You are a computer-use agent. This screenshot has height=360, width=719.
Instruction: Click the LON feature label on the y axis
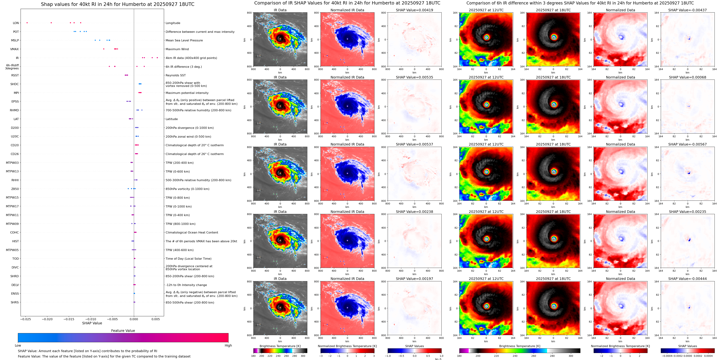point(16,23)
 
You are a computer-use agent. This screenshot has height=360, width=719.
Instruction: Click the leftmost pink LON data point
point(27,23)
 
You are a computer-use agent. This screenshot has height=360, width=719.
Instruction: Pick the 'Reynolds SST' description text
point(175,75)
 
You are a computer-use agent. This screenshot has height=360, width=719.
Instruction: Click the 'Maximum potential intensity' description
point(187,93)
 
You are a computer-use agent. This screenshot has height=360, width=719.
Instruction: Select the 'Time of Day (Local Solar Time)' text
point(188,259)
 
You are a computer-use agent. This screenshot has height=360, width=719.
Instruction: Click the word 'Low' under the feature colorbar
point(18,345)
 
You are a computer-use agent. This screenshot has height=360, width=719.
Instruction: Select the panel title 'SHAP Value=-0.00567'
point(687,144)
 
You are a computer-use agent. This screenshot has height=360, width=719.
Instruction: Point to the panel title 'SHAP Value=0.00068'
point(687,77)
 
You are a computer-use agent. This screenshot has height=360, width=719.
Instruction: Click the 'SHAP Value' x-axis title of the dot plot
point(92,323)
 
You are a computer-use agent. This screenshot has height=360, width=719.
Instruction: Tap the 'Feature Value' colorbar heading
point(123,331)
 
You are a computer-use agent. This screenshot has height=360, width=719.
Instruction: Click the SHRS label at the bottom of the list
point(15,302)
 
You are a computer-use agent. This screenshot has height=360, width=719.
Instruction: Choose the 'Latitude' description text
point(172,119)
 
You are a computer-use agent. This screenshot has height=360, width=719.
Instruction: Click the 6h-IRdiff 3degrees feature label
point(12,67)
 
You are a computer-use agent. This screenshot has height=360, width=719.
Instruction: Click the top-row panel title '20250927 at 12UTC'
point(486,10)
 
